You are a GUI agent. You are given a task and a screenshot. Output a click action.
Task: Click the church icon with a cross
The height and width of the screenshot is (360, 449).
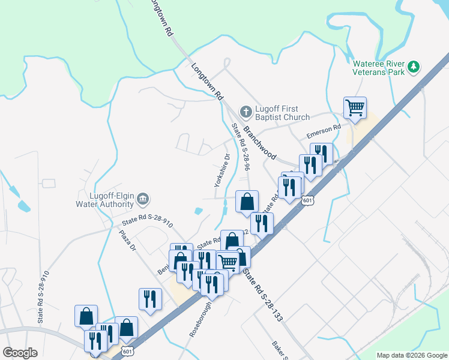[245, 112]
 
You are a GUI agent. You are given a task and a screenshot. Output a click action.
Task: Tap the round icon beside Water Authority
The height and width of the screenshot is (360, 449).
[143, 199]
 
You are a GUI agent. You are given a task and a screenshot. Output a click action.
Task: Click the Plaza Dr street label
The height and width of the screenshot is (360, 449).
[128, 243]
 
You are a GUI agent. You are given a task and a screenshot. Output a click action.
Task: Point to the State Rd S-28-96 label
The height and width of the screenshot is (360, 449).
[241, 147]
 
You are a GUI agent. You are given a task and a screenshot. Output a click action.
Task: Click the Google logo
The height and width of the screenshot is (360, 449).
[20, 353]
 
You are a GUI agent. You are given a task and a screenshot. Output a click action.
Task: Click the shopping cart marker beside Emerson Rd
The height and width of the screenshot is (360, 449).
[355, 108]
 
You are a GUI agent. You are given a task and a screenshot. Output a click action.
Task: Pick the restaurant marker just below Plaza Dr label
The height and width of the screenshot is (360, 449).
[150, 299]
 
